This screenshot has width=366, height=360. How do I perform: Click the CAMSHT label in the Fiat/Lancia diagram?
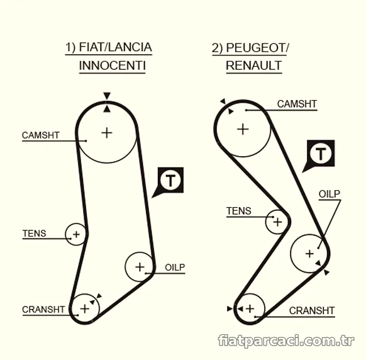41,135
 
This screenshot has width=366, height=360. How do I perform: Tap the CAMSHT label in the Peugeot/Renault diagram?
297,104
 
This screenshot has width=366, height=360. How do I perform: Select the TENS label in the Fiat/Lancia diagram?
34,233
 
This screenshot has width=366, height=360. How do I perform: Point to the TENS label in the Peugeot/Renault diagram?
238,211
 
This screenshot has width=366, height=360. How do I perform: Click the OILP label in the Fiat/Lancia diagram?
175,267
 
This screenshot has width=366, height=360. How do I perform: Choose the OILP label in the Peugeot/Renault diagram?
330,194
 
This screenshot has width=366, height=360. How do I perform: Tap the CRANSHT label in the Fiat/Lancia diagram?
43,310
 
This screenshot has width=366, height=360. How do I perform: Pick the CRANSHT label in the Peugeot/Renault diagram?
312,311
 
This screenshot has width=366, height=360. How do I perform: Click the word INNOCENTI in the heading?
113,65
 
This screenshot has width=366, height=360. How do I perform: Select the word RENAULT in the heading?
253,65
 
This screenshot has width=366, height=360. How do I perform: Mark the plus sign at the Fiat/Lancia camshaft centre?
107,133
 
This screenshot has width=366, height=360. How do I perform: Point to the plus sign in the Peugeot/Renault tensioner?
277,222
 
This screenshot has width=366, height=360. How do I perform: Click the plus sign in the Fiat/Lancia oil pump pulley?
140,267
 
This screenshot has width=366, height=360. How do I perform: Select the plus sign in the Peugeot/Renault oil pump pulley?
309,254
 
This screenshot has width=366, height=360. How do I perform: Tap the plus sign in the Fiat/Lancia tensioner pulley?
76,234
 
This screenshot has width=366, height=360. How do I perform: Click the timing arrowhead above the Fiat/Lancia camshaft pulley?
107,96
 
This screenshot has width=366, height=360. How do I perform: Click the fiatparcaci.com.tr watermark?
286,340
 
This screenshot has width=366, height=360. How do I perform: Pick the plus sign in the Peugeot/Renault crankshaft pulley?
250,309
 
